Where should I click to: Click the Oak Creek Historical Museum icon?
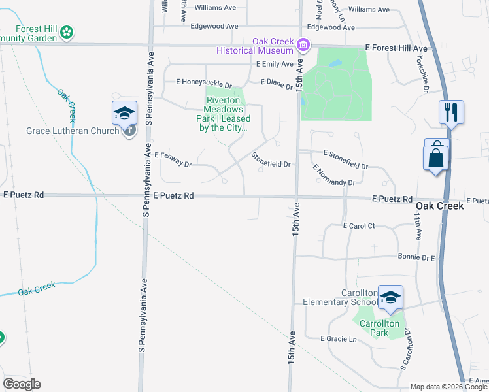click(303, 44)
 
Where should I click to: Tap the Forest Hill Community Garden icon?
click(67, 31)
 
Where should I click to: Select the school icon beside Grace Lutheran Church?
click(124, 114)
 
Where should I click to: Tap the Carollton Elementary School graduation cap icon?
click(390, 297)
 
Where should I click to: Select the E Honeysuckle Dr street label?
click(204, 82)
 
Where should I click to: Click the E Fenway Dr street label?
click(173, 159)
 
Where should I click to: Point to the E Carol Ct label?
click(358, 225)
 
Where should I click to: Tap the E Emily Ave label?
click(275, 64)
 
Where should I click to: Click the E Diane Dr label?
click(277, 84)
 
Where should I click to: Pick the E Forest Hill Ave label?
click(396, 49)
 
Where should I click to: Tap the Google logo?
click(22, 384)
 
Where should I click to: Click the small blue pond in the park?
click(335, 64)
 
